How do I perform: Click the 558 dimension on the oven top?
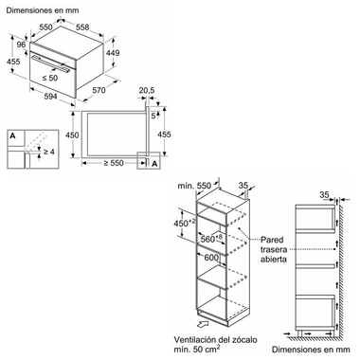click(x=82, y=27)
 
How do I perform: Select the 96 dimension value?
click(x=21, y=45)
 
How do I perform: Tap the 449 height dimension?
click(x=113, y=53)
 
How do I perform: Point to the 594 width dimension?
click(x=50, y=96)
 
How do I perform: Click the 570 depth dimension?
click(x=99, y=90)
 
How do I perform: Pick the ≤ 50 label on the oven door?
click(x=50, y=78)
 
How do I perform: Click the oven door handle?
click(x=51, y=63)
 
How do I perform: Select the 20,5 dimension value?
click(x=147, y=91)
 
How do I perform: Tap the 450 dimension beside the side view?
click(x=72, y=135)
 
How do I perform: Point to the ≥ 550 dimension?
click(x=114, y=163)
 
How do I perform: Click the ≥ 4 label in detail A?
click(x=48, y=152)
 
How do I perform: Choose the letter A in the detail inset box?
click(x=12, y=136)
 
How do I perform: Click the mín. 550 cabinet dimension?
click(x=194, y=186)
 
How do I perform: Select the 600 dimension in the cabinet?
click(x=211, y=258)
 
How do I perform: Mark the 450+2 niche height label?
click(x=185, y=223)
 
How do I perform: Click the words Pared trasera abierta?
click(x=274, y=249)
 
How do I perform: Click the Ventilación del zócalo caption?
click(x=215, y=340)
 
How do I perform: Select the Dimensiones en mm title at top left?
click(x=43, y=10)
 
